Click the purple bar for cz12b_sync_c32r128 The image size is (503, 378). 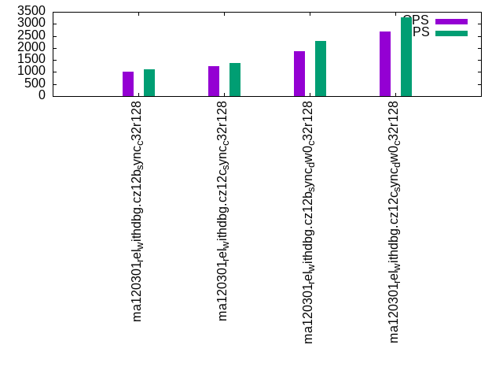click(128, 83)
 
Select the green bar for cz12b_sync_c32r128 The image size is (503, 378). click(149, 83)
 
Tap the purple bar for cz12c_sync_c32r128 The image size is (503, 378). click(214, 81)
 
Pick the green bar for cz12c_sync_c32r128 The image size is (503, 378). click(235, 80)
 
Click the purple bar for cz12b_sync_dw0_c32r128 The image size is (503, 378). click(299, 73)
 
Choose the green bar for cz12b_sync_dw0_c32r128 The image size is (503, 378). click(321, 69)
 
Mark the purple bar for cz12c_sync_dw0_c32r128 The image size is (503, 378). click(385, 64)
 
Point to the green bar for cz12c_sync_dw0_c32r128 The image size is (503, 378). click(406, 57)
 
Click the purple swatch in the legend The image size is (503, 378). click(451, 21)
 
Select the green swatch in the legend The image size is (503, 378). click(451, 33)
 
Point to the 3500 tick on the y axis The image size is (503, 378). click(31, 10)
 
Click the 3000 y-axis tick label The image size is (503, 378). click(31, 23)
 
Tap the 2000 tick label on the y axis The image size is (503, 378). click(31, 47)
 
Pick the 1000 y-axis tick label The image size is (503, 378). click(31, 72)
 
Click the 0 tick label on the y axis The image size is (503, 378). click(42, 95)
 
